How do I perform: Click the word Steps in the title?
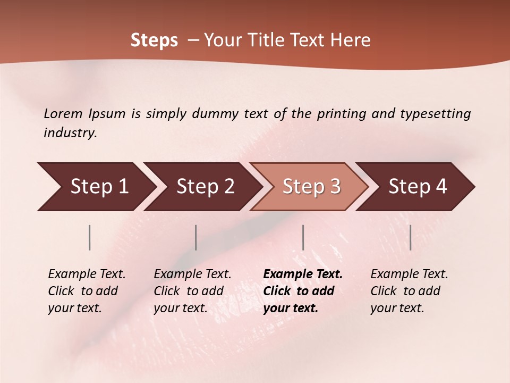click(154, 40)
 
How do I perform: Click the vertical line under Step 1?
click(90, 237)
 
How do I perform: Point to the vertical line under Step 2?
click(196, 237)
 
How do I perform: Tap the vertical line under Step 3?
click(303, 237)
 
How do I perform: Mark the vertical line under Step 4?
click(410, 237)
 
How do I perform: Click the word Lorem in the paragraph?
click(63, 113)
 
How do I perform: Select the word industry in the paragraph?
click(70, 133)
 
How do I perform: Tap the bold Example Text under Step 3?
click(303, 274)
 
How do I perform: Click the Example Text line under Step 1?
click(87, 274)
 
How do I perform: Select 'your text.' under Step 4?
click(397, 308)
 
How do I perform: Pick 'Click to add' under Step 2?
click(189, 291)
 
